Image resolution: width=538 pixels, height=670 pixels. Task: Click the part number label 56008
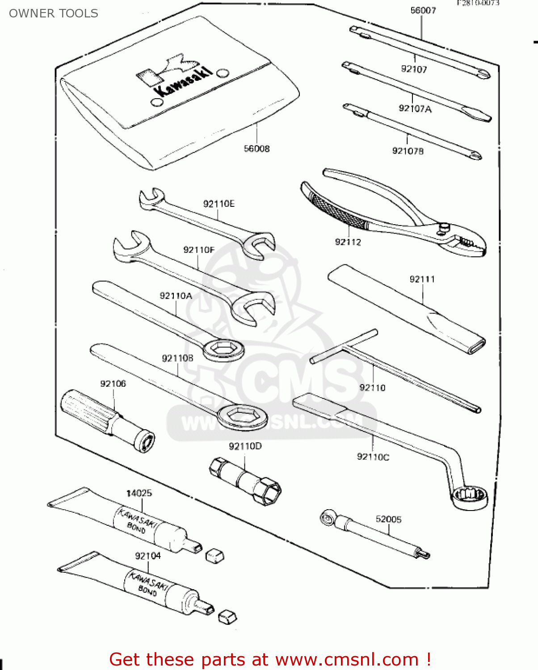(x=256, y=149)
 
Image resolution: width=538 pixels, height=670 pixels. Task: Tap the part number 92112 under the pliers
(x=348, y=242)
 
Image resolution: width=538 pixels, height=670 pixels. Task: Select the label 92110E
(x=219, y=204)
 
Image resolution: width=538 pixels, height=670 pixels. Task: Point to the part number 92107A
(x=415, y=109)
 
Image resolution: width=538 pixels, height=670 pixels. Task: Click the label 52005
(x=388, y=519)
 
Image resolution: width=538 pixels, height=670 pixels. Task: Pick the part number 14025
(x=139, y=493)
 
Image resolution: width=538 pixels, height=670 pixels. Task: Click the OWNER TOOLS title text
(x=54, y=13)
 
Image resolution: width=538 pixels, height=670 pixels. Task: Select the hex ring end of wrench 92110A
(x=223, y=349)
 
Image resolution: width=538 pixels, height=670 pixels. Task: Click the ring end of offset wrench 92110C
(x=469, y=497)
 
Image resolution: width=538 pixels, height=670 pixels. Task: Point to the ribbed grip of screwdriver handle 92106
(x=85, y=411)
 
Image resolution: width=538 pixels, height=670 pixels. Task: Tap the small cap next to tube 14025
(x=214, y=556)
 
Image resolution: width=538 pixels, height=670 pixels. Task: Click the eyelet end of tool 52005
(x=327, y=518)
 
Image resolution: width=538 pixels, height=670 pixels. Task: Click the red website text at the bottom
(x=270, y=659)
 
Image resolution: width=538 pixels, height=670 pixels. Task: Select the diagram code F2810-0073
(x=477, y=3)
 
